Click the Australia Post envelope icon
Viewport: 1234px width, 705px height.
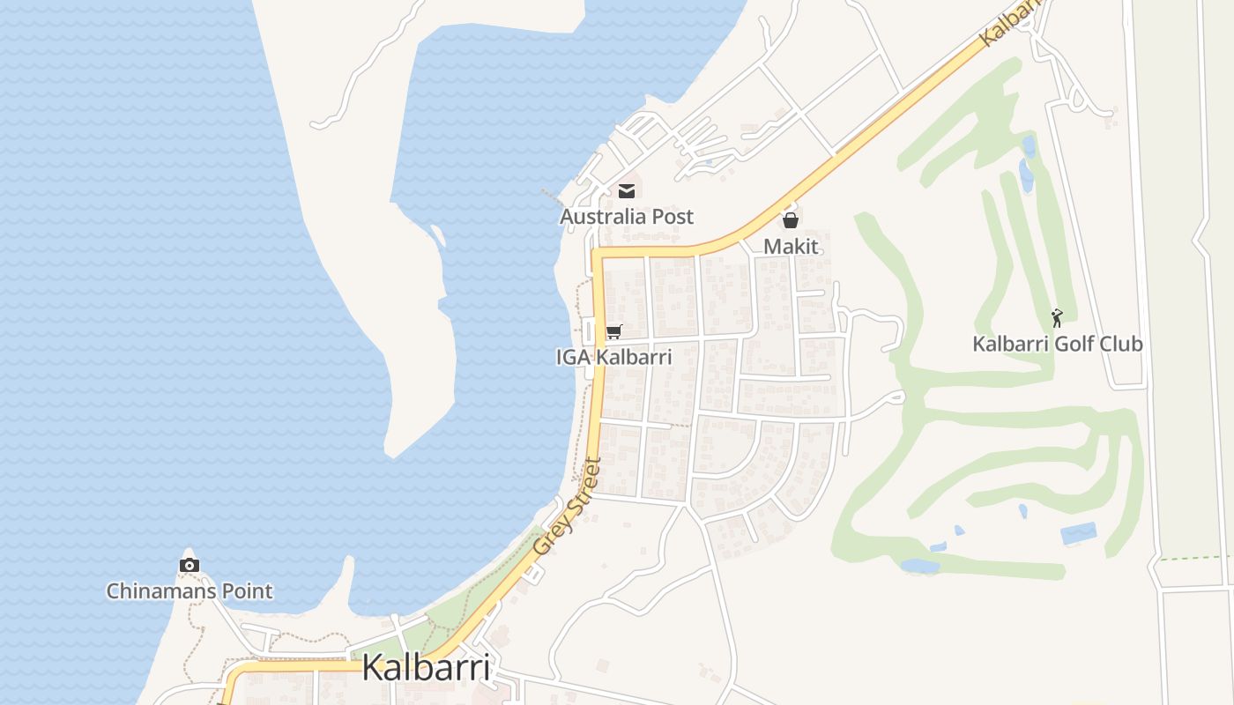coord(627,190)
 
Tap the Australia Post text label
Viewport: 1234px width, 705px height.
coord(627,217)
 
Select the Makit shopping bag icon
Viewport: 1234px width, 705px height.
coord(791,220)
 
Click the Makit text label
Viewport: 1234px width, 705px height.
coord(791,247)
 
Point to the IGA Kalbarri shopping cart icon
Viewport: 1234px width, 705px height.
coord(613,331)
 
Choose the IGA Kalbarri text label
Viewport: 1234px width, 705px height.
coord(613,358)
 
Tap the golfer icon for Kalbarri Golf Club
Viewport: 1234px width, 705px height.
coord(1057,317)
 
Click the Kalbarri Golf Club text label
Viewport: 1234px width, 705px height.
coord(1057,344)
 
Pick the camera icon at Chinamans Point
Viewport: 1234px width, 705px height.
coord(189,565)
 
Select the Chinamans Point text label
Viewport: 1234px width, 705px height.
coord(190,591)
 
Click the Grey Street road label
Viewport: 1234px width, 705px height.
coord(567,508)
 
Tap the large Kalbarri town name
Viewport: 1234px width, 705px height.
coord(426,667)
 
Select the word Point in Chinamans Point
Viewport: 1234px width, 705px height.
coord(247,591)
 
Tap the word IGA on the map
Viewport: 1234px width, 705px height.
coord(573,358)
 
